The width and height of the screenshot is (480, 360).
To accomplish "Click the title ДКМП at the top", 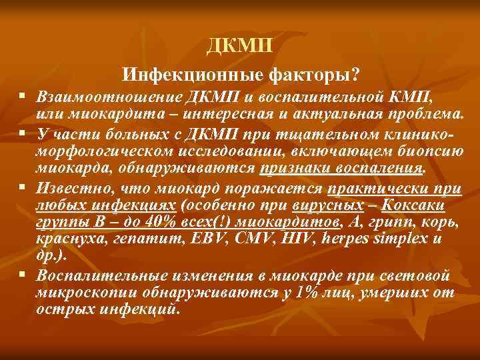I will [239, 46].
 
